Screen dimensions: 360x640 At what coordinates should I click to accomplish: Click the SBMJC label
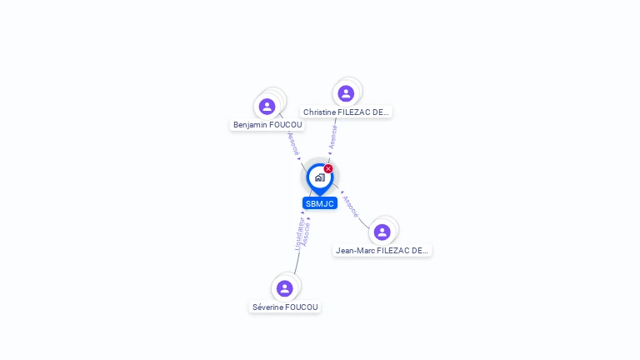click(319, 203)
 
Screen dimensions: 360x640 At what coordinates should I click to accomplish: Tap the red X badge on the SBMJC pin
click(328, 169)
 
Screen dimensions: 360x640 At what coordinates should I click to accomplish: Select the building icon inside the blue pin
click(319, 177)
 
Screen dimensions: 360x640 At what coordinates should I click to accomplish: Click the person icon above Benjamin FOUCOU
click(267, 106)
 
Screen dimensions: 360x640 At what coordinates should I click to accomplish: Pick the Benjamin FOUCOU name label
click(267, 125)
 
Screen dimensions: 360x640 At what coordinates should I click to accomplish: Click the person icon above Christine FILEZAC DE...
click(346, 93)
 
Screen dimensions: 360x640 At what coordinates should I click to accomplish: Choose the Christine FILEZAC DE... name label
click(346, 112)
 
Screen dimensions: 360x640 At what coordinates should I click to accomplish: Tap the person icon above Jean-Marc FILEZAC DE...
click(382, 232)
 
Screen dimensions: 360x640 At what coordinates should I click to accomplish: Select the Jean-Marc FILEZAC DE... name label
click(382, 250)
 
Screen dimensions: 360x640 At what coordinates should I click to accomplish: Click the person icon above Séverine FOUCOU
click(285, 288)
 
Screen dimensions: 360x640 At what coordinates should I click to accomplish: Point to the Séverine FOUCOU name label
click(285, 307)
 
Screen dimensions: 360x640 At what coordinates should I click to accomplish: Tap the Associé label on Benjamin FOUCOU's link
click(293, 144)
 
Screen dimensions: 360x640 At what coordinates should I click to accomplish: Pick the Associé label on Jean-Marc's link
click(351, 206)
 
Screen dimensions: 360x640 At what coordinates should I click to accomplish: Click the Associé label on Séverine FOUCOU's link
click(307, 234)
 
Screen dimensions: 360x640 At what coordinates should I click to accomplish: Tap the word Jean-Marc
click(355, 250)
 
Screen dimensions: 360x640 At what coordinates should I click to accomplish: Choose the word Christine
click(320, 112)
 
